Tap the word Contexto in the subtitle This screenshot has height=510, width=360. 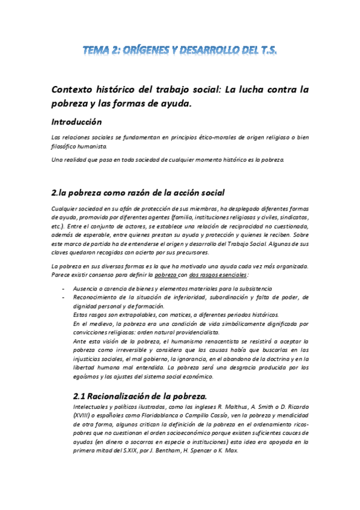pos(76,89)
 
